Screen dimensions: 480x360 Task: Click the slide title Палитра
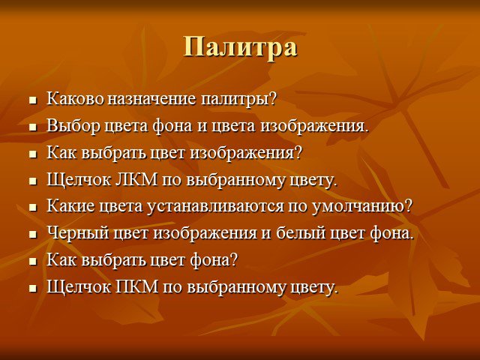point(240,47)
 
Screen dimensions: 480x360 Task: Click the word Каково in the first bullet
point(75,98)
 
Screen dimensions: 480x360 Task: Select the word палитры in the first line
point(235,100)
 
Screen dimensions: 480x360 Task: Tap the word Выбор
point(73,125)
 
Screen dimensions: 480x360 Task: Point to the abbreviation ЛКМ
point(136,179)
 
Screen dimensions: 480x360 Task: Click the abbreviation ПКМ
point(137,286)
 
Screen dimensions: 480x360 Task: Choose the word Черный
point(78,233)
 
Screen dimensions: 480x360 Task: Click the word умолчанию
point(358,207)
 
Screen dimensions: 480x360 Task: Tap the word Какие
point(70,206)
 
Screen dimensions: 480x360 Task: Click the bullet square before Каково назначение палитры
point(33,100)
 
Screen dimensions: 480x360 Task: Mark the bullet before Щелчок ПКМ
point(33,288)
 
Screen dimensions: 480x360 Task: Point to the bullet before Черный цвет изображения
point(33,235)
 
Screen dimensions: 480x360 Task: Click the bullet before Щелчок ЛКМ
point(33,181)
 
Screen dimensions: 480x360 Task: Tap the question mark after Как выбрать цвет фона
point(234,259)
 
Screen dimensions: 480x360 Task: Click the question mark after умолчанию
point(409,206)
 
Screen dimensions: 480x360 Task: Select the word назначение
point(151,99)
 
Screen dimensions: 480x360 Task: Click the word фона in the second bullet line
point(173,126)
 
